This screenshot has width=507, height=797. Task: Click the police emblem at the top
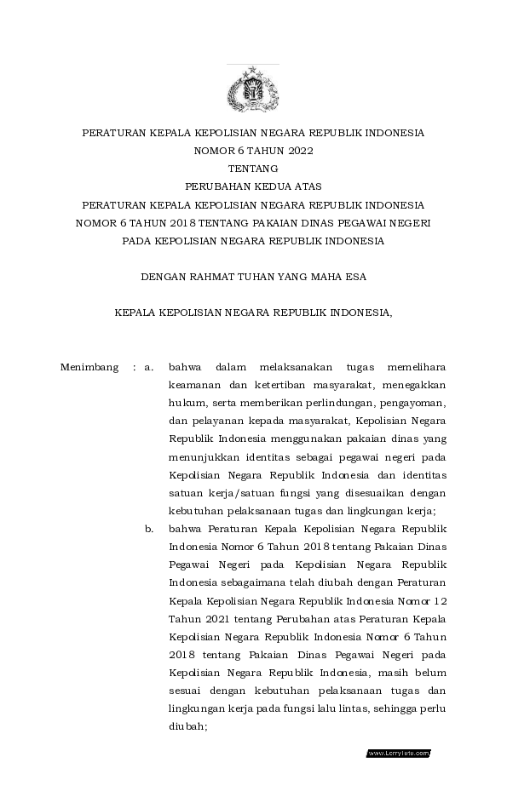253,89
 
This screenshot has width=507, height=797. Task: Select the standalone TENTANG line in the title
253,169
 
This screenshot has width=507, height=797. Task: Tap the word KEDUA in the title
276,187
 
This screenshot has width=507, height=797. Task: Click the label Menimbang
89,367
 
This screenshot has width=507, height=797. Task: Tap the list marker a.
149,367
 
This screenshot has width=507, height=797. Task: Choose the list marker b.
149,529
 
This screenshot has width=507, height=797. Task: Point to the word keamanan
193,385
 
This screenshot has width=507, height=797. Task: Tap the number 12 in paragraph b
438,600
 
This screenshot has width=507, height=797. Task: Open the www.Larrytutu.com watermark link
398,753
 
